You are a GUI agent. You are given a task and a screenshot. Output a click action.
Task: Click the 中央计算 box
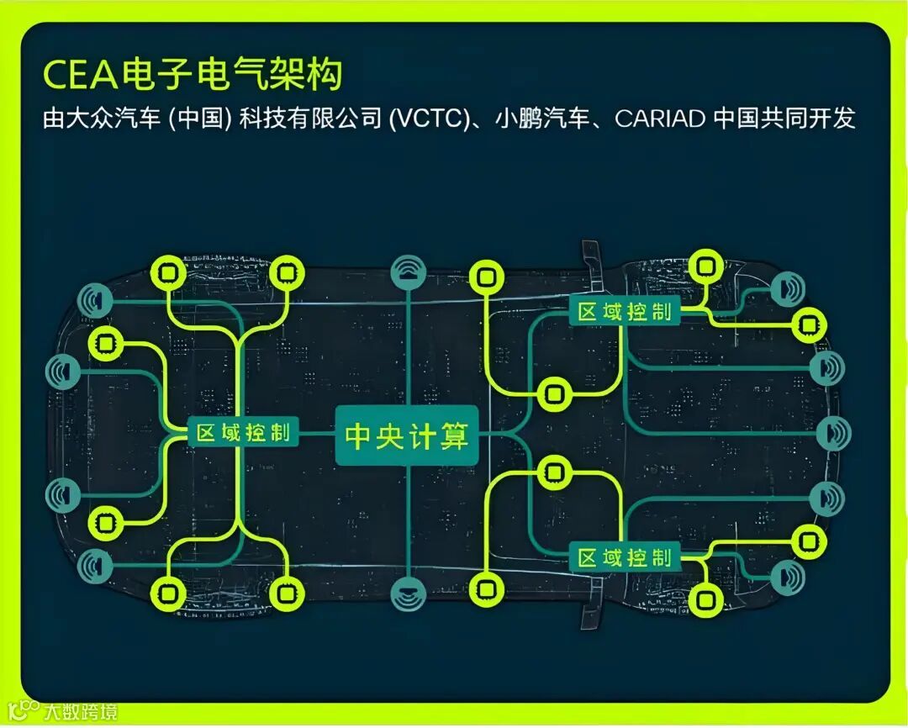point(407,436)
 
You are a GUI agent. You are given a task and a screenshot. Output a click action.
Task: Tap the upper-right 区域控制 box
point(625,311)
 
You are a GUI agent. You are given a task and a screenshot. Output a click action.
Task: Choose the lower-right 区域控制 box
point(625,557)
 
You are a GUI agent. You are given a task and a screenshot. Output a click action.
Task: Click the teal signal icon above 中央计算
point(409,273)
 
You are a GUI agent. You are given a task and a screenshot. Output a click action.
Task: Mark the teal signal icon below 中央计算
point(409,593)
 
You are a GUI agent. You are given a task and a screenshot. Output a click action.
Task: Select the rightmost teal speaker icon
point(834,432)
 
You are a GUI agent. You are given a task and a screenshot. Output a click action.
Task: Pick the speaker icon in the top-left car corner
point(95,300)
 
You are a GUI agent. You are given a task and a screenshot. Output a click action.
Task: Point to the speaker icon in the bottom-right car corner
point(788,576)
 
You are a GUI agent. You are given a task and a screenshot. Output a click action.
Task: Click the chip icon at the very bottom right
point(705,600)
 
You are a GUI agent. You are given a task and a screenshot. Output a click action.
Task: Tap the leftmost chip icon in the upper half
point(106,344)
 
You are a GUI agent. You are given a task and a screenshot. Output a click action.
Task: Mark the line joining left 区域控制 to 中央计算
point(317,434)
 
